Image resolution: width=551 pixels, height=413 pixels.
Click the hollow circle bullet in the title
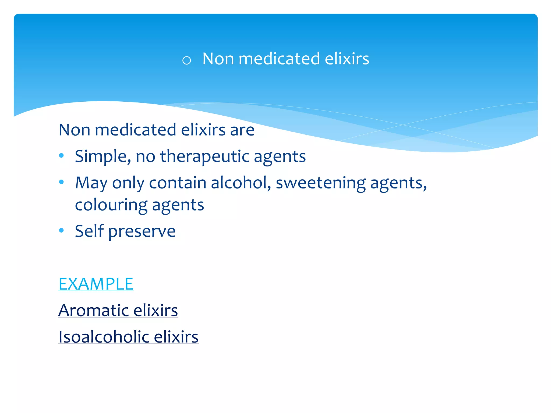coord(186,60)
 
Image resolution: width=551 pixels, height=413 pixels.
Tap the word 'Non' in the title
coord(218,59)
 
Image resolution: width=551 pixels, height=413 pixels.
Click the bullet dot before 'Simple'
coord(61,155)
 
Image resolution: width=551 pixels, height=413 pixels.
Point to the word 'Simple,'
coord(103,156)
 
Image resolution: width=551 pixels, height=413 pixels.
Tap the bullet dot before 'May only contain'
coord(61,182)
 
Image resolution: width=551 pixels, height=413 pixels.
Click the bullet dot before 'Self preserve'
coord(61,230)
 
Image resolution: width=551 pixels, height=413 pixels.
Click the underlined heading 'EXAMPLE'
coord(96,284)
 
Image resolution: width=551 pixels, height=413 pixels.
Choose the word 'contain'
coord(178,183)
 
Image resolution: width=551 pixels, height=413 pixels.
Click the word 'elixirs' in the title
coord(347,59)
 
